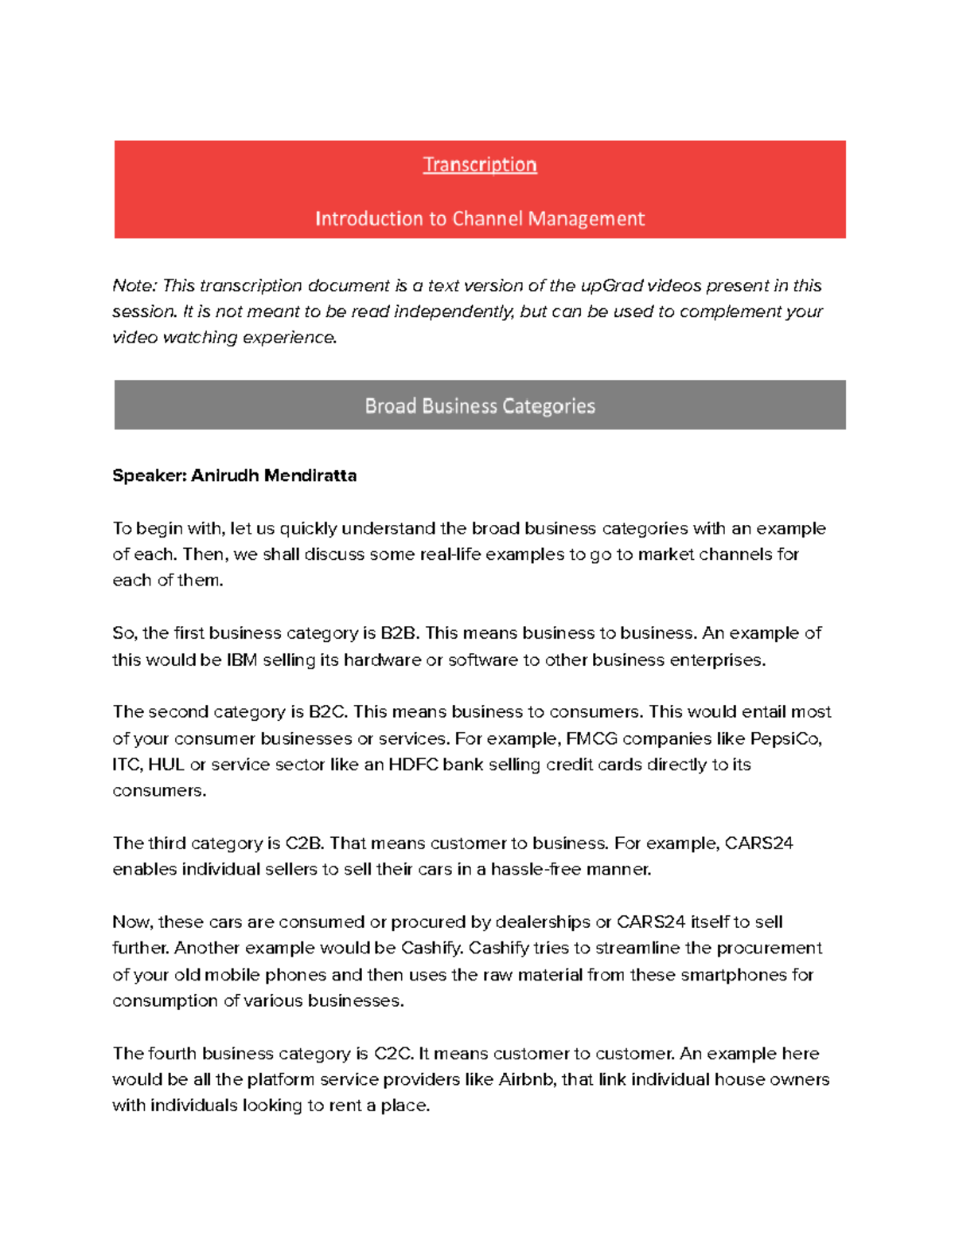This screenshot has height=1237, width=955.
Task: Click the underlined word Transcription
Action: tap(479, 165)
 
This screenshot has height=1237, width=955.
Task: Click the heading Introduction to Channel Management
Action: tap(479, 218)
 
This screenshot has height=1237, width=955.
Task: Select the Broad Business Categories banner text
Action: tap(479, 406)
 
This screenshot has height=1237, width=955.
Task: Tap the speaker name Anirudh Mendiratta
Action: tap(273, 476)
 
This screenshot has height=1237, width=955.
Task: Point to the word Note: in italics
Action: tap(135, 285)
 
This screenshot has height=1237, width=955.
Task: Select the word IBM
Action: tap(241, 660)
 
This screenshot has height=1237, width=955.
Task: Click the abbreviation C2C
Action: tap(392, 1053)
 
